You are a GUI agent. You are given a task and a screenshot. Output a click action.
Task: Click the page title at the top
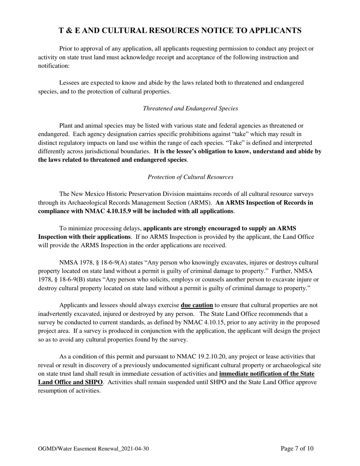[x=180, y=31]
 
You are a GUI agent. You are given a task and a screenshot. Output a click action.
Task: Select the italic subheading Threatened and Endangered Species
[x=190, y=108]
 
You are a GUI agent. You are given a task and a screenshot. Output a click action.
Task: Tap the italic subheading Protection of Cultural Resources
[x=190, y=177]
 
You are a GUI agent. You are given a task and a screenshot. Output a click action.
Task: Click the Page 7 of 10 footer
[x=297, y=449]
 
